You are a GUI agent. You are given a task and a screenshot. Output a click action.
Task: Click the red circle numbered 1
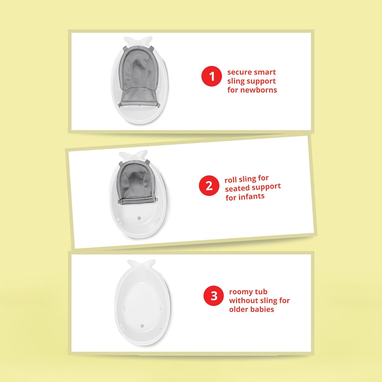[211, 76]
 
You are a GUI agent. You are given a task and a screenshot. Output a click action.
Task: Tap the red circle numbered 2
[209, 186]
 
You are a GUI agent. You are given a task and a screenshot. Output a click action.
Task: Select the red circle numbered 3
[214, 296]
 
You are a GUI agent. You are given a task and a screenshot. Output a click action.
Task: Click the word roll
[230, 180]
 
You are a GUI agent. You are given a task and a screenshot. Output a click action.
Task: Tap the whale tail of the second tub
[133, 155]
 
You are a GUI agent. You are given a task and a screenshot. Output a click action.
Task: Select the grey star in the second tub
[139, 218]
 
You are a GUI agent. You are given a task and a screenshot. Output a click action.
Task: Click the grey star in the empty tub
[142, 326]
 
